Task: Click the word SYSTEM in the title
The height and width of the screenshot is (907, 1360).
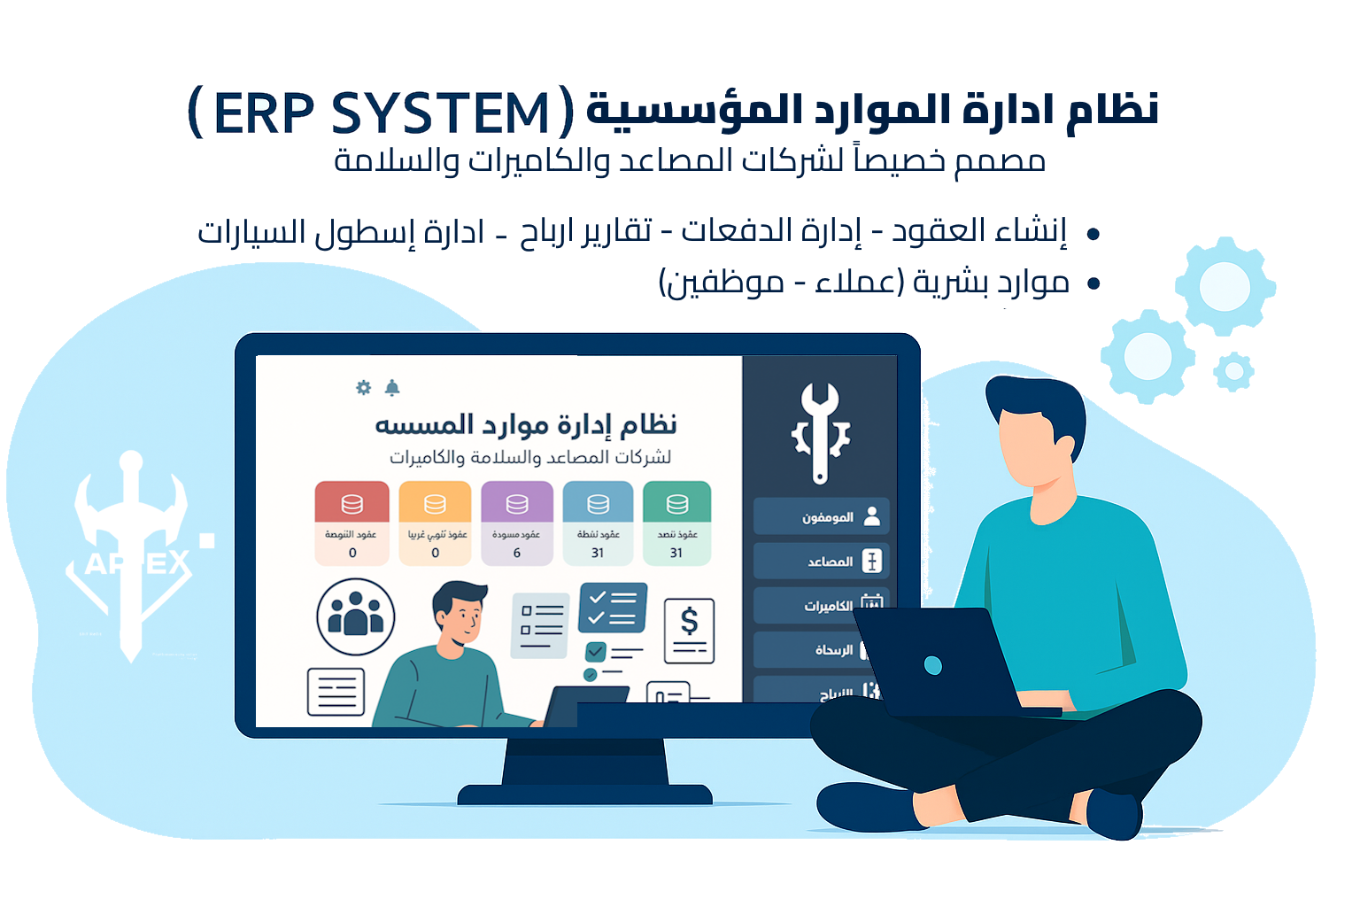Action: [x=441, y=113]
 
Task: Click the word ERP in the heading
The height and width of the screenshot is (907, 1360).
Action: [x=264, y=113]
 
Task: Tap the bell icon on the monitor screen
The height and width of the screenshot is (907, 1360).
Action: [x=392, y=387]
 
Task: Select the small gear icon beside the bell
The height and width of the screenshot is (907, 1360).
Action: [x=363, y=387]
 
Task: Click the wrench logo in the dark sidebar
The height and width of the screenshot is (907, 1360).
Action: [x=820, y=433]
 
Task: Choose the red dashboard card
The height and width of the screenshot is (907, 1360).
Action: [x=352, y=523]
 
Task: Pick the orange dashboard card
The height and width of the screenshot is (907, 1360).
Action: [x=435, y=523]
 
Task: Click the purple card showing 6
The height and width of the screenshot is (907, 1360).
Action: [x=517, y=523]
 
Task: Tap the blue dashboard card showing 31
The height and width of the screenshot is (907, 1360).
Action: [x=598, y=523]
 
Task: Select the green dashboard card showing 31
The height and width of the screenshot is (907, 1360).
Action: [x=676, y=523]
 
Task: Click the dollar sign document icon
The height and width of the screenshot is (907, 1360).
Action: [x=689, y=631]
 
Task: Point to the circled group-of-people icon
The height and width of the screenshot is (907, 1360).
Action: [x=355, y=616]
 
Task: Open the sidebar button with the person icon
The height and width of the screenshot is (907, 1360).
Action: [x=821, y=516]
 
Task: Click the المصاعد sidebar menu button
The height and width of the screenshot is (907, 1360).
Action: [x=821, y=561]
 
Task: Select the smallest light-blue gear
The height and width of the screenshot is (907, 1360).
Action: [x=1233, y=371]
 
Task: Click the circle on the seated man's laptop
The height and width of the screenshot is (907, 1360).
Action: [x=932, y=665]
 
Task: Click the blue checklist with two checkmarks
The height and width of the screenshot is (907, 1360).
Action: [x=612, y=608]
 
